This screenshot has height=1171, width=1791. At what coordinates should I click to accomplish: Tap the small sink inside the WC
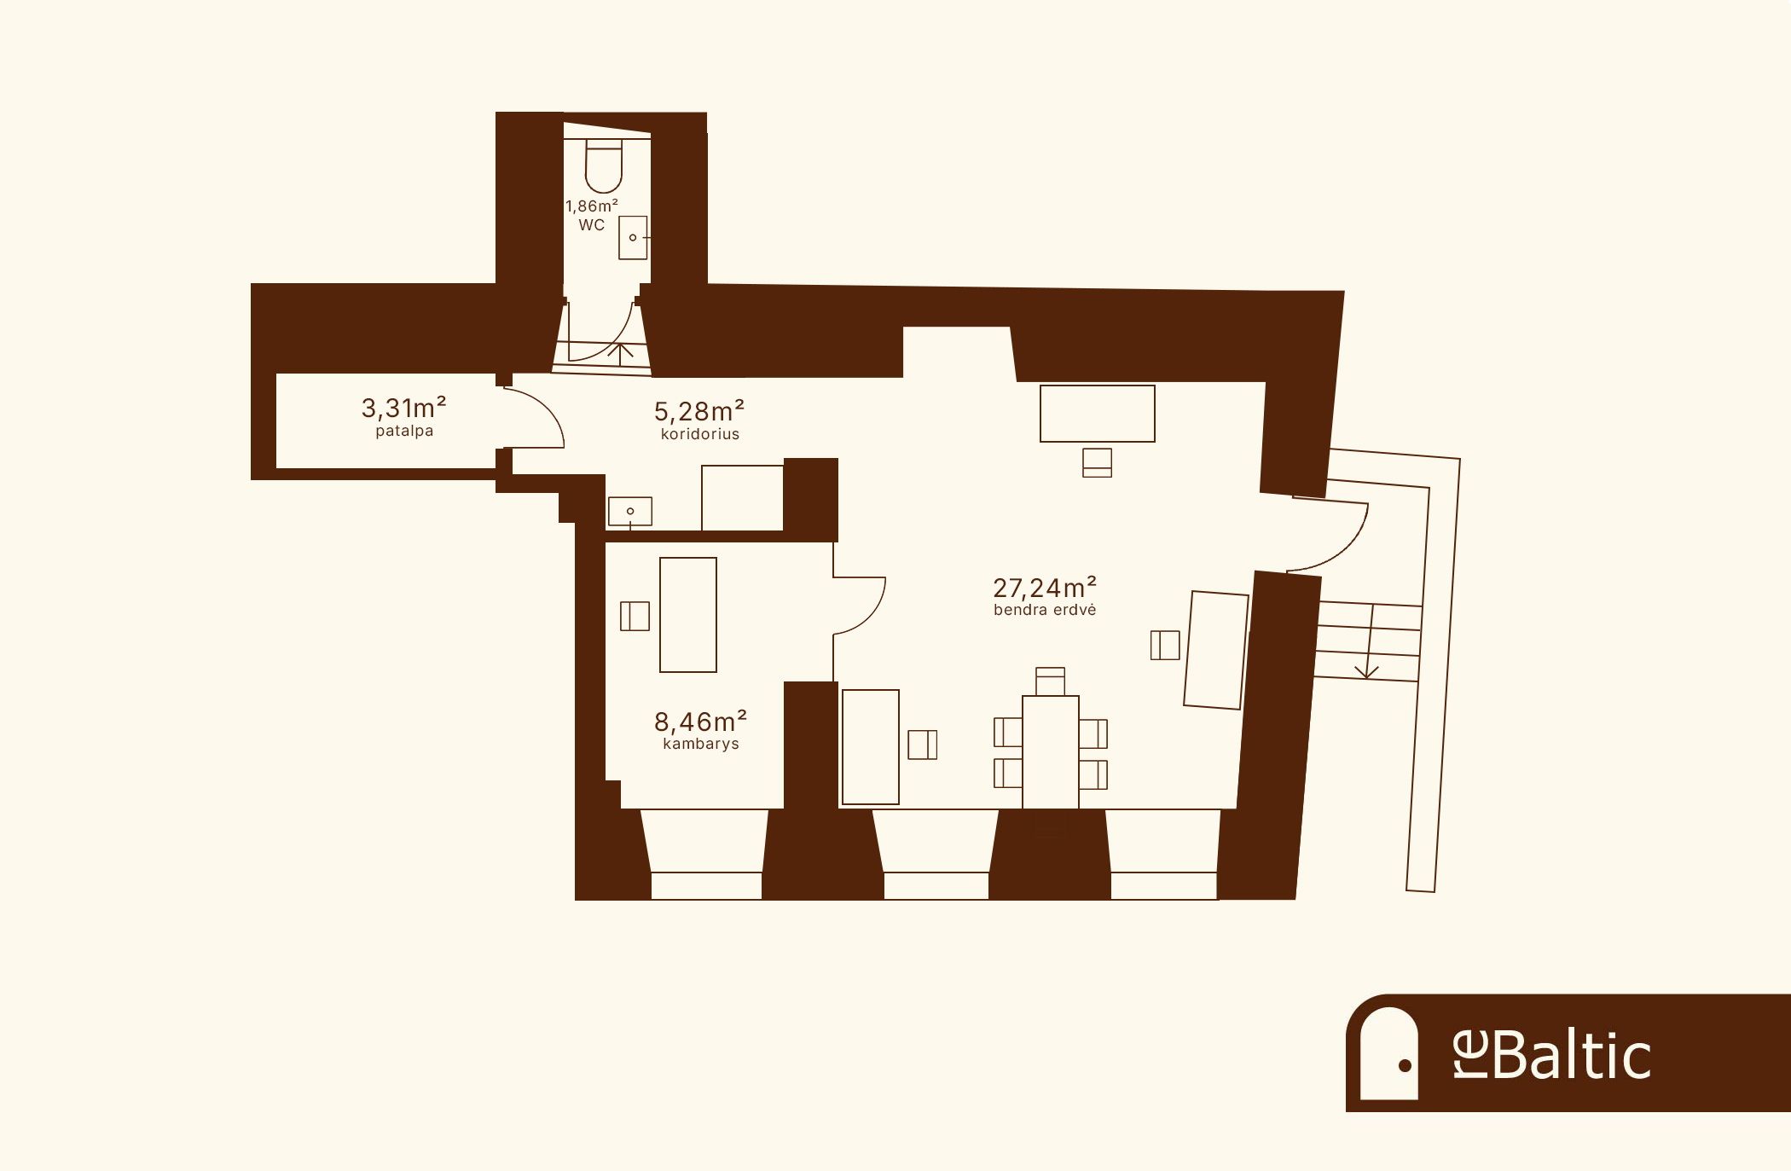[x=633, y=237]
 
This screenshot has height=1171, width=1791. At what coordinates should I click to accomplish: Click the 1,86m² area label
[x=592, y=206]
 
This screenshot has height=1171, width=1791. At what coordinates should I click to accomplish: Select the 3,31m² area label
[x=404, y=408]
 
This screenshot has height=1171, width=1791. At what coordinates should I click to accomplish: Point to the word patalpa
[x=404, y=432]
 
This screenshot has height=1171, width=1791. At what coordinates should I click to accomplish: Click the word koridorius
[x=700, y=434]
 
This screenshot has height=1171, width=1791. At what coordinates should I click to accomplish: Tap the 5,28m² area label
[x=699, y=411]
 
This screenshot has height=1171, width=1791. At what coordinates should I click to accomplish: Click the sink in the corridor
[x=630, y=512]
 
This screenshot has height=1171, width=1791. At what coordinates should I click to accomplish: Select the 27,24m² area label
[x=1045, y=588]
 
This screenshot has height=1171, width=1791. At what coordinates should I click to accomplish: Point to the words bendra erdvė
[x=1045, y=610]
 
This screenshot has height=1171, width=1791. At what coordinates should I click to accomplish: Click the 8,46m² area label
[x=701, y=722]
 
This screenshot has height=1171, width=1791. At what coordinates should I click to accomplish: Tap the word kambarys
[x=701, y=744]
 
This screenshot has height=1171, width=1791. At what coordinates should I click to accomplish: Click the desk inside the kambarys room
[x=688, y=615]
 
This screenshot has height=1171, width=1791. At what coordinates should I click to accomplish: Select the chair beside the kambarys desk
[x=635, y=616]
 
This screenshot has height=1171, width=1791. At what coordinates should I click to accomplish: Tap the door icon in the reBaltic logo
[x=1388, y=1053]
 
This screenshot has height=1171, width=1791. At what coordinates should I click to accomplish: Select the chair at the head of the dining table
[x=1051, y=681]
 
